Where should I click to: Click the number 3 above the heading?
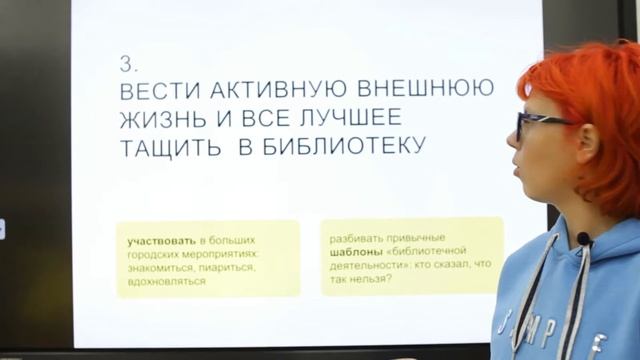[127, 64]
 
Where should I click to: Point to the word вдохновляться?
[166, 281]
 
